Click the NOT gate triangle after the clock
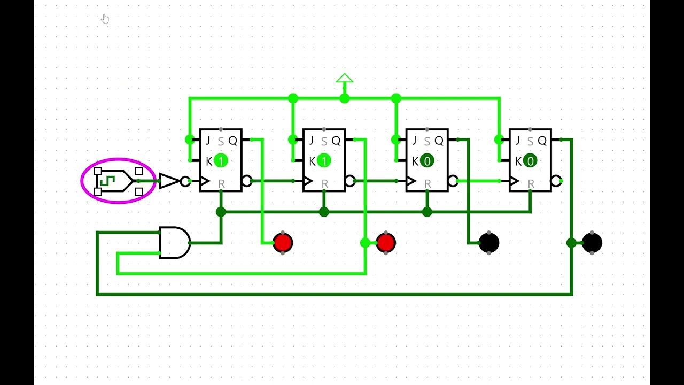tap(168, 181)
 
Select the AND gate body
tap(174, 243)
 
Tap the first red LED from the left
tap(283, 243)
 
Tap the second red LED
tap(386, 243)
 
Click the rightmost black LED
tap(592, 243)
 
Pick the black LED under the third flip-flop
tap(489, 243)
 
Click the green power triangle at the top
tap(344, 79)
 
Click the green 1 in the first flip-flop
tap(221, 161)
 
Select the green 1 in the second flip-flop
tap(324, 161)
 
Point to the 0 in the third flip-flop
tap(427, 161)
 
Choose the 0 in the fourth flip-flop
tap(530, 161)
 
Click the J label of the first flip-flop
tap(208, 141)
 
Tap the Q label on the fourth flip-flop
tap(542, 141)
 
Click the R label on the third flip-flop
tap(428, 184)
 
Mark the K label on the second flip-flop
tap(312, 161)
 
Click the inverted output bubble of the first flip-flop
tap(246, 181)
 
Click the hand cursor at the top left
tap(105, 19)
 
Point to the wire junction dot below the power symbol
tap(344, 98)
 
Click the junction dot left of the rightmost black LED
tap(571, 243)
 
